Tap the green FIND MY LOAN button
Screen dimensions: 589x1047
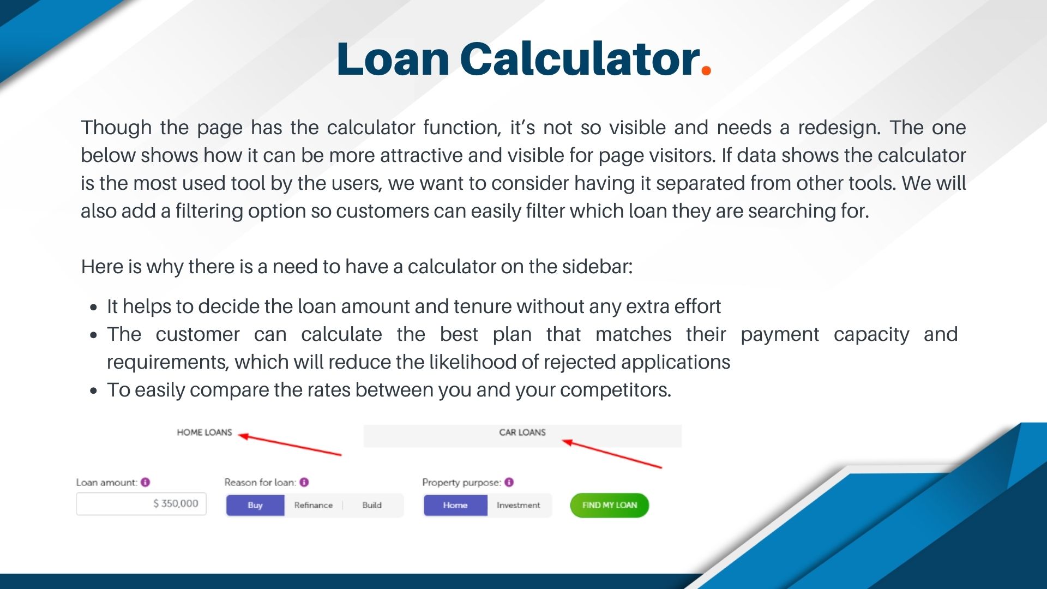tap(609, 505)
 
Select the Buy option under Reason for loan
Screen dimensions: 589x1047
tap(255, 505)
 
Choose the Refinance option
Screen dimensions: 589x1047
tap(313, 505)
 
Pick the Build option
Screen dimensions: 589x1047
tap(372, 505)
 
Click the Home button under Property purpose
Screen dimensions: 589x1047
tap(455, 505)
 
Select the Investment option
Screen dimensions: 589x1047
tap(518, 505)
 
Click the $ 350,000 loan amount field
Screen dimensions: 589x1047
tap(141, 503)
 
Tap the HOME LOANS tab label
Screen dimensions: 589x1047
tap(204, 432)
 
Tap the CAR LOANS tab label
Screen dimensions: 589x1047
tap(522, 432)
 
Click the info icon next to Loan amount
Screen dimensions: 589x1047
tap(145, 482)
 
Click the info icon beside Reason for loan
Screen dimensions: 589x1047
tap(304, 482)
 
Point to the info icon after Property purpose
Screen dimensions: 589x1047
tap(509, 482)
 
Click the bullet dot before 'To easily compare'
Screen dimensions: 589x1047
tap(94, 390)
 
